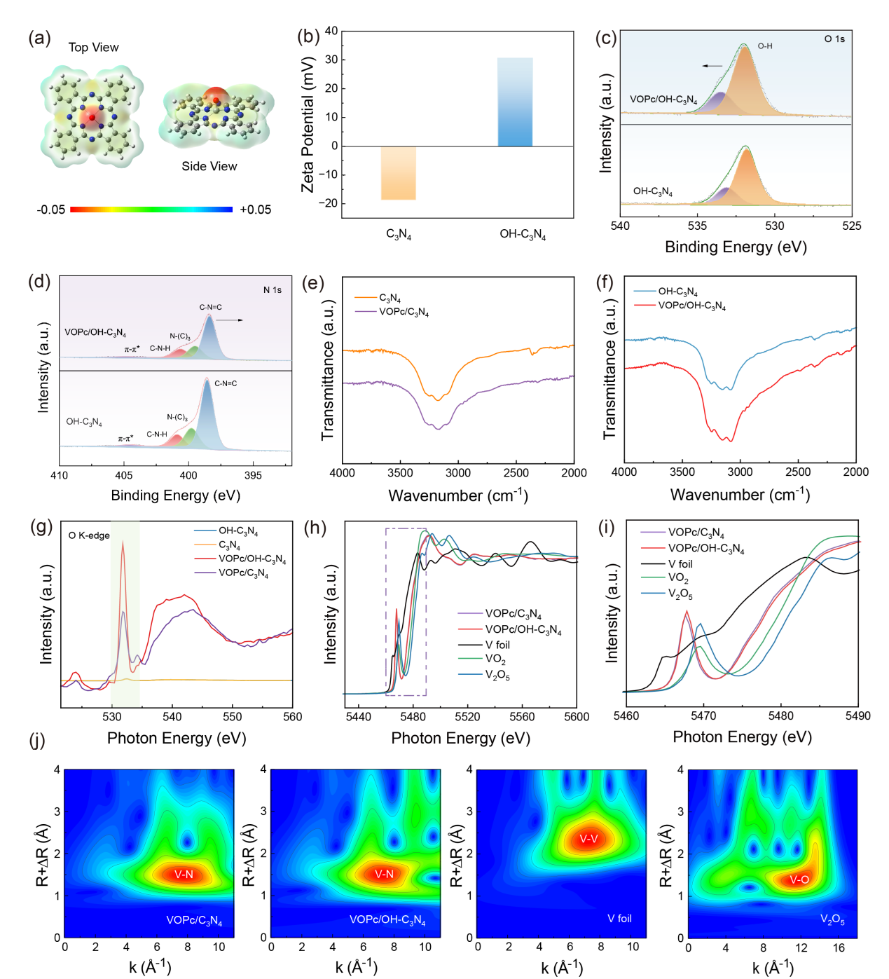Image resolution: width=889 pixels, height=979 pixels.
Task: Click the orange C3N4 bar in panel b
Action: pyautogui.click(x=398, y=173)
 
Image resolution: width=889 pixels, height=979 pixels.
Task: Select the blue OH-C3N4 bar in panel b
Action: pyautogui.click(x=515, y=102)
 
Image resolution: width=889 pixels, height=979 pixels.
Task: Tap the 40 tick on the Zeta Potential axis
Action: pyautogui.click(x=331, y=31)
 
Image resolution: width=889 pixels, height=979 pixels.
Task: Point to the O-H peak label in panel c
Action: pyautogui.click(x=765, y=46)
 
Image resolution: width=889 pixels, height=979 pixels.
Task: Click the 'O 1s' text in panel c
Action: pyautogui.click(x=834, y=39)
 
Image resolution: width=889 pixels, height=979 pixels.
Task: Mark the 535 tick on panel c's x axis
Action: pyautogui.click(x=697, y=226)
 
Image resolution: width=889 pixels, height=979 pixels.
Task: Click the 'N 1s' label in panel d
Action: pyautogui.click(x=273, y=289)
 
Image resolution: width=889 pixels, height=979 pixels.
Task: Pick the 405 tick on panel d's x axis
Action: pyautogui.click(x=124, y=475)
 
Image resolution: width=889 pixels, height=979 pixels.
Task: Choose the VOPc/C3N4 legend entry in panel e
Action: pyautogui.click(x=404, y=312)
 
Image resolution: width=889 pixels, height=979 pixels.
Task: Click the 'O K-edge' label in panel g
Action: pyautogui.click(x=89, y=535)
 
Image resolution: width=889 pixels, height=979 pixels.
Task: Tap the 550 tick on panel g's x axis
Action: pyautogui.click(x=233, y=716)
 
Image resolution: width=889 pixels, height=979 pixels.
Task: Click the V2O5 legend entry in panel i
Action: pyautogui.click(x=680, y=594)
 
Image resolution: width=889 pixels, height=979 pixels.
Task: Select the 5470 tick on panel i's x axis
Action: pyautogui.click(x=703, y=716)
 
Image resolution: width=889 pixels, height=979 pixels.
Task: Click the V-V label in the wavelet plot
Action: pyautogui.click(x=588, y=839)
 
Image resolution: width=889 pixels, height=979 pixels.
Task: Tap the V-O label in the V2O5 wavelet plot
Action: pyautogui.click(x=799, y=879)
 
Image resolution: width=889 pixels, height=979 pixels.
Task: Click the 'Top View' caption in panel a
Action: pyautogui.click(x=93, y=48)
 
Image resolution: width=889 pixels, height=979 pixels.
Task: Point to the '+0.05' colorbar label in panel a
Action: pyautogui.click(x=255, y=210)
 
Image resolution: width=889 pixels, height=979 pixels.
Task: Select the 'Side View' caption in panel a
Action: pyautogui.click(x=209, y=166)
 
